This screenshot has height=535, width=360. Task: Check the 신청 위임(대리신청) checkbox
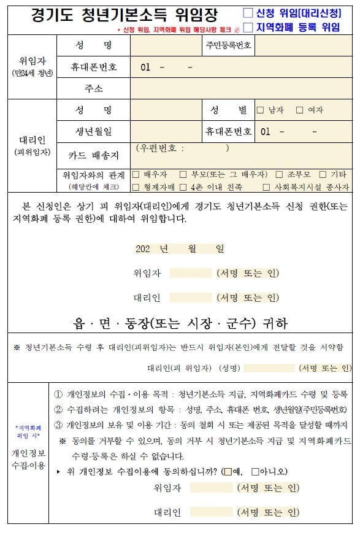click(248, 12)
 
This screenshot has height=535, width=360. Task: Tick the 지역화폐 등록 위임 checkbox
click(248, 27)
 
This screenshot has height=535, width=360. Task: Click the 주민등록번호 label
click(228, 46)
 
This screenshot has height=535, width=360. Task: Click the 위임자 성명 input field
click(166, 46)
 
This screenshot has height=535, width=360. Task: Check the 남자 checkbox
click(260, 110)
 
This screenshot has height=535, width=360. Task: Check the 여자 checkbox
click(300, 110)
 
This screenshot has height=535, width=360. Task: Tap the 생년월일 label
click(94, 131)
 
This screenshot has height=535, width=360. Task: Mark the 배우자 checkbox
click(136, 175)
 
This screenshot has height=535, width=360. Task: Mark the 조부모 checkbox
click(280, 175)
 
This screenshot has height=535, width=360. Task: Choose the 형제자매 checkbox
click(136, 187)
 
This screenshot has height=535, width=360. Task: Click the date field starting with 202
click(179, 249)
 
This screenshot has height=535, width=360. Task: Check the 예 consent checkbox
click(228, 472)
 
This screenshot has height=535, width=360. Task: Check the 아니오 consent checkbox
click(255, 472)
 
